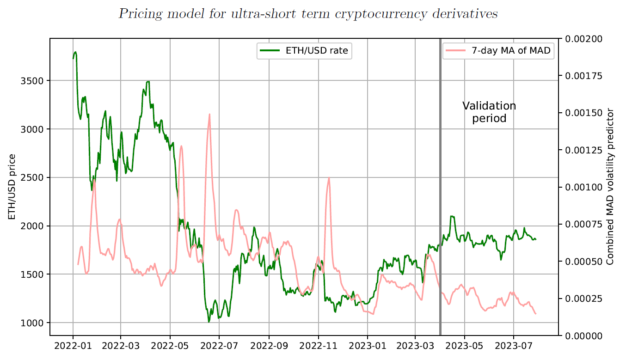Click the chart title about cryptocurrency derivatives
tap(308, 14)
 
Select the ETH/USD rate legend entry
tap(304, 51)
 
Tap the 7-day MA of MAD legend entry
tap(497, 51)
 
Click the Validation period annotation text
tap(489, 112)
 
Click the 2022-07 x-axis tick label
tap(219, 346)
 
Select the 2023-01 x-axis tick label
tap(368, 346)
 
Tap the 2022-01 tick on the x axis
tap(73, 346)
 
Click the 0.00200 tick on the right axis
tap(583, 39)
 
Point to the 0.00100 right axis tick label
tap(583, 187)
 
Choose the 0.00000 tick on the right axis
tap(583, 336)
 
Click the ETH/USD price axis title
tap(12, 187)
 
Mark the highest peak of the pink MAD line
tap(209, 114)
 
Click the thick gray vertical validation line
tap(440, 185)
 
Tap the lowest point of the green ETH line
tap(209, 321)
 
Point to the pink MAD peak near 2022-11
tap(329, 178)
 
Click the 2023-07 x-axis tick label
tap(514, 346)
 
